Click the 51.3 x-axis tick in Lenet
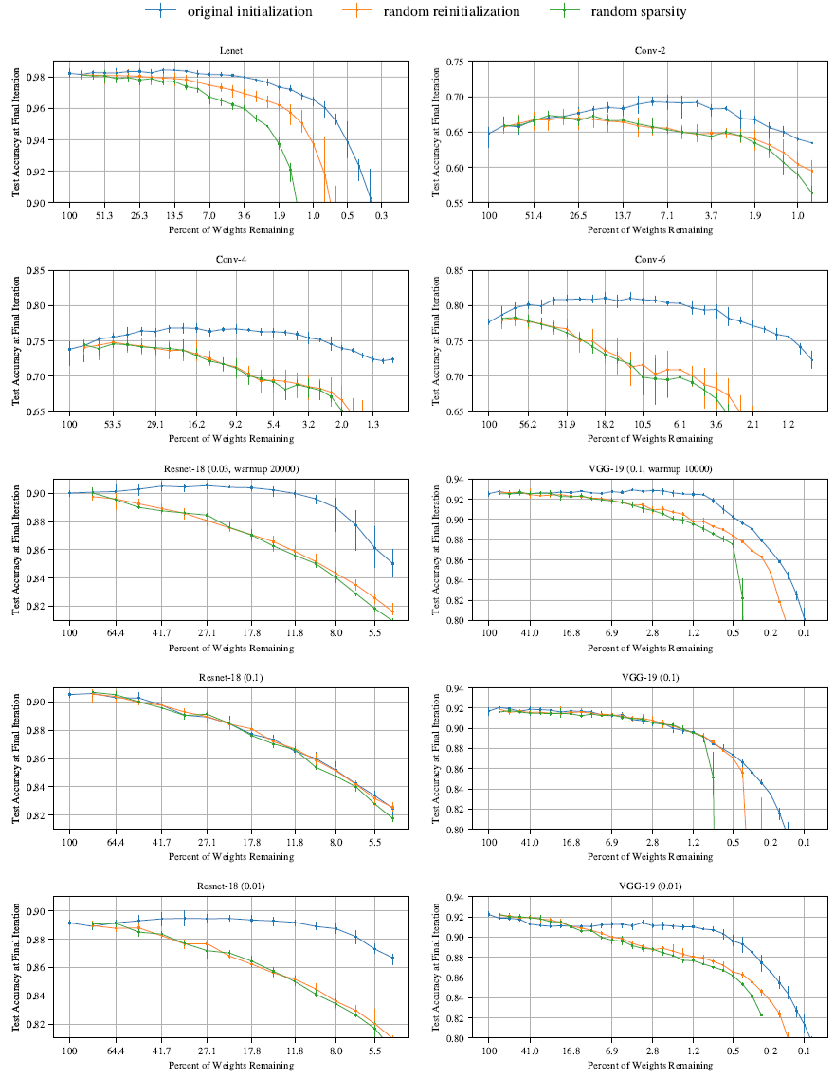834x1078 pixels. [x=104, y=216]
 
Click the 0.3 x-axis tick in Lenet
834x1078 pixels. [x=381, y=216]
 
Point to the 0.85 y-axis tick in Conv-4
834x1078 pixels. [x=42, y=271]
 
